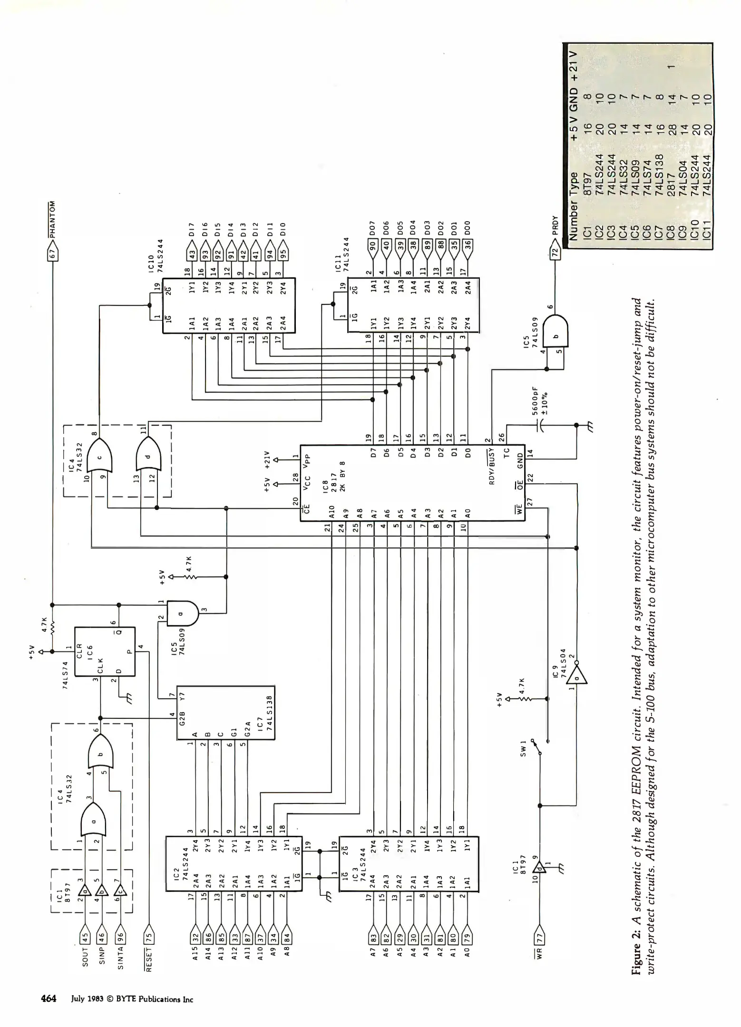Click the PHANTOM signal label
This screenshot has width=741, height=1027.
tap(53, 220)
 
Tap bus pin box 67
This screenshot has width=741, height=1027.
tap(53, 254)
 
